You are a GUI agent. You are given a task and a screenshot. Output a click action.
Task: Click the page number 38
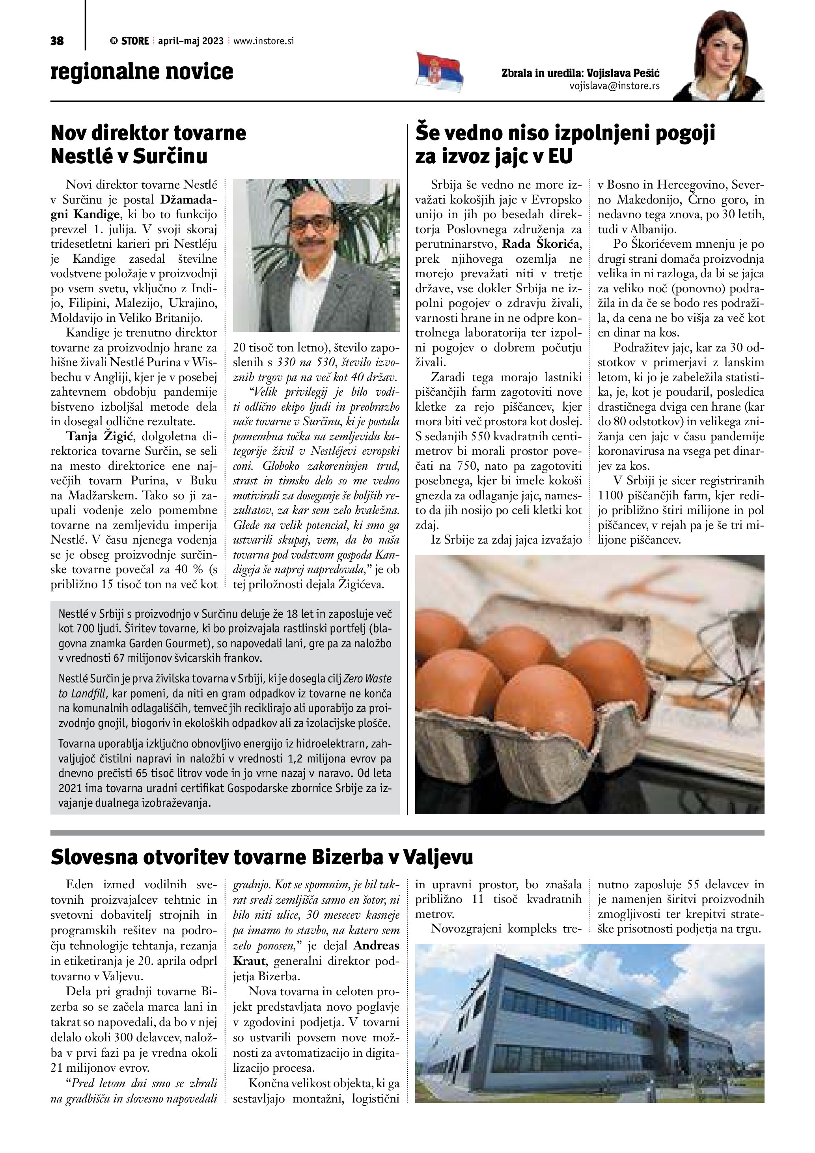[57, 41]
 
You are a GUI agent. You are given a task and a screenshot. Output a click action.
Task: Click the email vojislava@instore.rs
[614, 86]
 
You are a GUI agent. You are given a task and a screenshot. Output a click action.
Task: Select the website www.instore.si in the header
[263, 41]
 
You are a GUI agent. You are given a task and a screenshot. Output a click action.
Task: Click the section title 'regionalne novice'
[142, 72]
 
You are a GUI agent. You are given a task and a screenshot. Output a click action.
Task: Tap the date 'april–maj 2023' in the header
[191, 41]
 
